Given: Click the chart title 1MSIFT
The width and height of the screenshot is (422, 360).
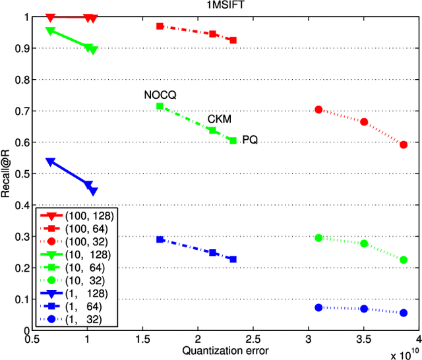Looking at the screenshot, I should tap(218, 7).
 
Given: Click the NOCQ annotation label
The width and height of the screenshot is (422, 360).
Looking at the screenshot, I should tap(160, 95).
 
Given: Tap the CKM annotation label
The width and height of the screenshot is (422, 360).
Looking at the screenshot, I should tap(220, 119).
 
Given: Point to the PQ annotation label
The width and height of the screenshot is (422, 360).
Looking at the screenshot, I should tap(250, 140).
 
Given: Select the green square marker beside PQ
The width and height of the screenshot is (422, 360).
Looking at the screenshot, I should tap(233, 140).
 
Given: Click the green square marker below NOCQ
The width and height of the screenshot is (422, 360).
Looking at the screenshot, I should tap(160, 106).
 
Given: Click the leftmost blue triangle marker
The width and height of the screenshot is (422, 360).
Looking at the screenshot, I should tap(51, 162).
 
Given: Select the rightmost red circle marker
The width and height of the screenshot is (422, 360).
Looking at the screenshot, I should tap(404, 144).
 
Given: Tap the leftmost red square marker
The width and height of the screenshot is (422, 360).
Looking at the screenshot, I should tap(160, 26).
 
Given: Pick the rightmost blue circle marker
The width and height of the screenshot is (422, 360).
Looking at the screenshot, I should tap(404, 313).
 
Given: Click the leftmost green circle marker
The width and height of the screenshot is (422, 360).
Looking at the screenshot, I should tap(318, 238).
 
